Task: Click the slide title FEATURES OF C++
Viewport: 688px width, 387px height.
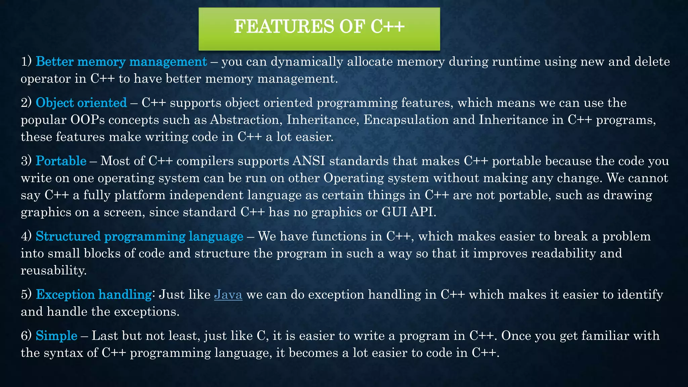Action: pyautogui.click(x=319, y=27)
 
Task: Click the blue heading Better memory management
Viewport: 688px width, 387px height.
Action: pyautogui.click(x=121, y=62)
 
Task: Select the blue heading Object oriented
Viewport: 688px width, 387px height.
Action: pyautogui.click(x=81, y=103)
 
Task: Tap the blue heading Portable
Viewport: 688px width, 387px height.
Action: pyautogui.click(x=61, y=161)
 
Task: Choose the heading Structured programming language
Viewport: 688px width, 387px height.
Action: pyautogui.click(x=139, y=236)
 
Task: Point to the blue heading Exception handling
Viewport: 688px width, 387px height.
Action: pyautogui.click(x=94, y=295)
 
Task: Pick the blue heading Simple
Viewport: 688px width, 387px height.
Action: pyautogui.click(x=56, y=336)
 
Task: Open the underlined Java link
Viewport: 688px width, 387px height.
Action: pyautogui.click(x=228, y=295)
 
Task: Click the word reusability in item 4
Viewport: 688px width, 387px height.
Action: pyautogui.click(x=54, y=270)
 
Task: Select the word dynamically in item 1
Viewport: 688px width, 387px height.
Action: pyautogui.click(x=307, y=62)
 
